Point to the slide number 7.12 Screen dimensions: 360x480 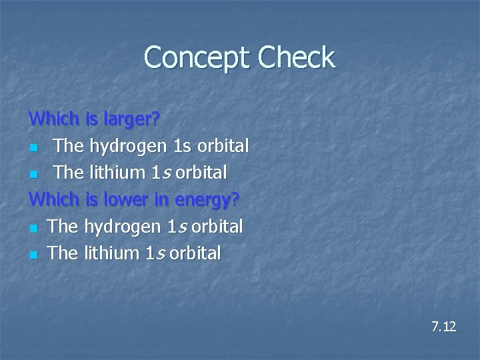click(x=443, y=327)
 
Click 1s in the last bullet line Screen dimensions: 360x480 click(x=156, y=253)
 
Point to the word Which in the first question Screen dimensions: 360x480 click(x=55, y=119)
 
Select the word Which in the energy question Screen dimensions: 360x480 click(x=55, y=199)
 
